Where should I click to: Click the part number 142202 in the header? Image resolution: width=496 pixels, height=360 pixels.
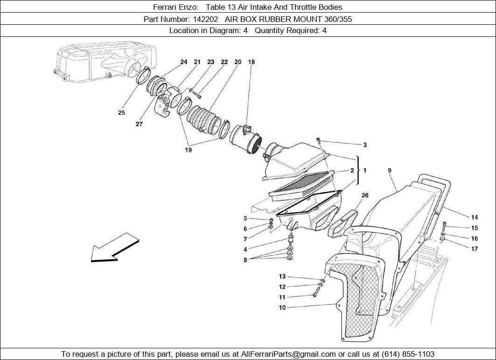click(207, 19)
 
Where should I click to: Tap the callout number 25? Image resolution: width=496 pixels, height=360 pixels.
click(121, 113)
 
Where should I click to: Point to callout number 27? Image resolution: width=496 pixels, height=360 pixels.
click(139, 124)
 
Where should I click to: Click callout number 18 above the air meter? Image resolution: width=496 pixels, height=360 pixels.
click(251, 62)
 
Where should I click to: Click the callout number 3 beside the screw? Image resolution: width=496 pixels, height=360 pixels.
click(365, 145)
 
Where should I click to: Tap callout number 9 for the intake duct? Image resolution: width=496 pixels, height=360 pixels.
click(390, 171)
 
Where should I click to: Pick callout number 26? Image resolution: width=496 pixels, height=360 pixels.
click(365, 195)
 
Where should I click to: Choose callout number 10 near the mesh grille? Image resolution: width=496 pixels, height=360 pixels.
click(282, 308)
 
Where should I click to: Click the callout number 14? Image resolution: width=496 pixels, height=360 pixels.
click(474, 217)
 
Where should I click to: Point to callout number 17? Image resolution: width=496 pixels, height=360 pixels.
click(474, 249)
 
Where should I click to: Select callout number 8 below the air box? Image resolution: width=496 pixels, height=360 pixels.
click(245, 260)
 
